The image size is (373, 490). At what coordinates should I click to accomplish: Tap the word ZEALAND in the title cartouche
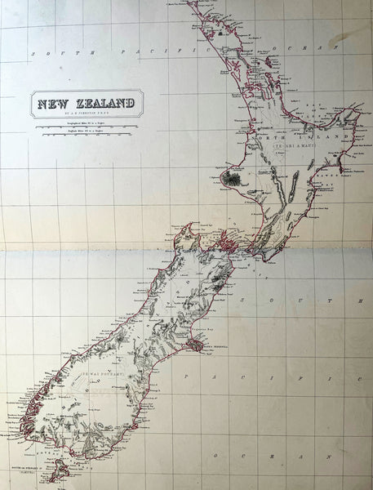pos(101,105)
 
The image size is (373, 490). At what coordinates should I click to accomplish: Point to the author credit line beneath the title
pos(86,115)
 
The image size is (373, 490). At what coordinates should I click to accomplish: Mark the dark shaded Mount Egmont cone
pos(232,177)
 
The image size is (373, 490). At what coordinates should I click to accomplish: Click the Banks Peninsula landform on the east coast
pos(196,346)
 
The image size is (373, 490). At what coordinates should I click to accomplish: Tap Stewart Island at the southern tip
pos(60,470)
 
